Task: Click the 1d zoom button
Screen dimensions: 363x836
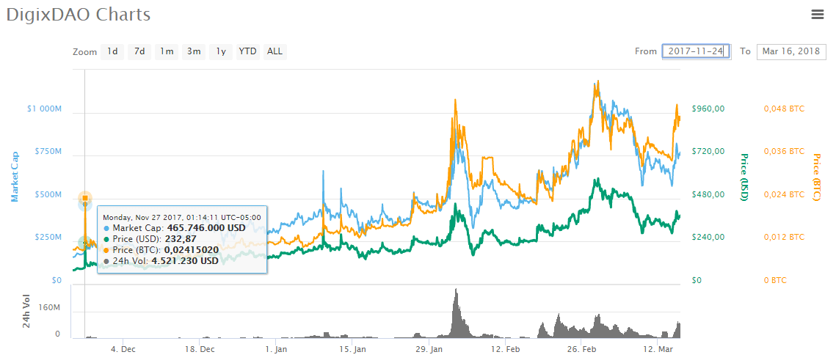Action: [112, 51]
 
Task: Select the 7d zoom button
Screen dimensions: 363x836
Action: [139, 51]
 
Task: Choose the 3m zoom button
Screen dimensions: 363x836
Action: [194, 51]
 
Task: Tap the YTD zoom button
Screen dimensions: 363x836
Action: [248, 51]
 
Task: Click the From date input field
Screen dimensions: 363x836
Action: [695, 51]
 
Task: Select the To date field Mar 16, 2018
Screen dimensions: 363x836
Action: [790, 51]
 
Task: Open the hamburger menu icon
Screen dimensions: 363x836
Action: [817, 14]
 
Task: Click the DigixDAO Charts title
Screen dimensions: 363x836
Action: [79, 15]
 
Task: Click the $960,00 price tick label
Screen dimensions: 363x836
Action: [708, 109]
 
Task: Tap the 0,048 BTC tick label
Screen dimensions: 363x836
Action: [784, 109]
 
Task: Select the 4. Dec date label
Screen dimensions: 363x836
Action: [123, 349]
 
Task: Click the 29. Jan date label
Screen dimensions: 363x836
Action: [431, 349]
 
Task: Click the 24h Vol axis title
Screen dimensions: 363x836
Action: [26, 311]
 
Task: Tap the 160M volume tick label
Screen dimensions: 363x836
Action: [48, 307]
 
